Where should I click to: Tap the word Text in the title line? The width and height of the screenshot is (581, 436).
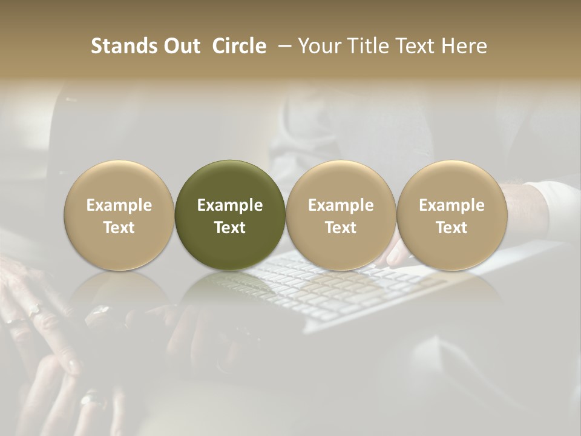418,47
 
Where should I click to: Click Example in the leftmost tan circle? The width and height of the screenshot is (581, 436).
119,205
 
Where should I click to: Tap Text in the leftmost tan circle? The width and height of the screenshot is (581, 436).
119,228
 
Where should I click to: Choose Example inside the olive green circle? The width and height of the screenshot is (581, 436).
230,205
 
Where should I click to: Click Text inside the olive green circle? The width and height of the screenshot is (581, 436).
230,228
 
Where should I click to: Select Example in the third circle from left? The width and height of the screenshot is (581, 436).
341,205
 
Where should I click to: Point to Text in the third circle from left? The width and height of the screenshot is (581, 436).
341,228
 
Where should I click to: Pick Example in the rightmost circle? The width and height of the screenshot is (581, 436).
451,205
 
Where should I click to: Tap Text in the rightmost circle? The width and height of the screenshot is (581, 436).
451,228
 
